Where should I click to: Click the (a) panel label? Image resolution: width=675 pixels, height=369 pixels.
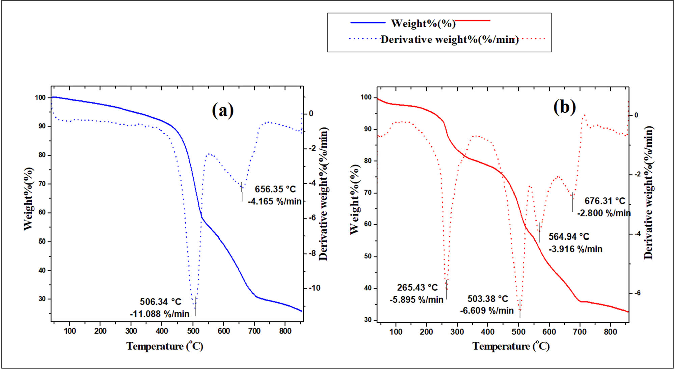coord(223,110)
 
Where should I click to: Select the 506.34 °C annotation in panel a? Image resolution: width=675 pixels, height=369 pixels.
coord(160,301)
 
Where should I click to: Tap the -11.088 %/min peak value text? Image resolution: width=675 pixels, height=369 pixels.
coord(160,314)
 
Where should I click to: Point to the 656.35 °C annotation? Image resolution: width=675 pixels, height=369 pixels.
coord(275,189)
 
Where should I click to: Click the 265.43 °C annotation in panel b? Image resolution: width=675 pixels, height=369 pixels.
coord(417,287)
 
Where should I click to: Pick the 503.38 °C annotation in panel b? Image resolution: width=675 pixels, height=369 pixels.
coord(487,299)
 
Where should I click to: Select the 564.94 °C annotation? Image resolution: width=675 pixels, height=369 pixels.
coord(569,236)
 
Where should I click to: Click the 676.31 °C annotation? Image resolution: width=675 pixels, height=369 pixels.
coord(605,201)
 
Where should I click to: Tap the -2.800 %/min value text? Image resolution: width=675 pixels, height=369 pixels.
coord(604,213)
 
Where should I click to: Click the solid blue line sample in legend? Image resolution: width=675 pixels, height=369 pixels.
coord(368,23)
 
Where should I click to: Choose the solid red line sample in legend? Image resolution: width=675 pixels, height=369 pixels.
coord(473,21)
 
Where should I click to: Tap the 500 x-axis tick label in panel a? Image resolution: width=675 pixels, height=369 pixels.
coord(193,331)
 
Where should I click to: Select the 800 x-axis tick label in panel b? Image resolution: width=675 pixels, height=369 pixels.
coord(611,332)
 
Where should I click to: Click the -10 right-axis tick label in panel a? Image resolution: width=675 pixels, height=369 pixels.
coord(314,288)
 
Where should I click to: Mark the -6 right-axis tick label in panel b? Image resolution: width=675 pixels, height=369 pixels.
coord(637,293)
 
